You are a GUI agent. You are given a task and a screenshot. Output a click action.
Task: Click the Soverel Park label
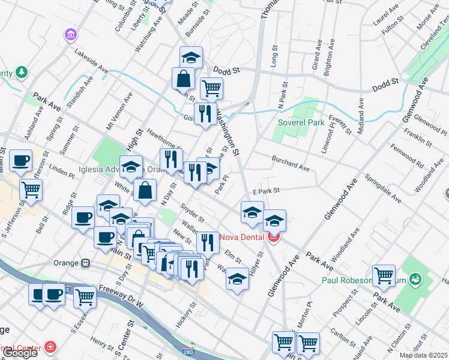click(301, 123)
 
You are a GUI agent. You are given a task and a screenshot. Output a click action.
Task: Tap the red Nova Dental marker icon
click(274, 236)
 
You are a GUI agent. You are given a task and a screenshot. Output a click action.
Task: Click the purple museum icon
click(71, 35)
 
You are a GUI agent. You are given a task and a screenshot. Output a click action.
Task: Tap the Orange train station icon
click(85, 263)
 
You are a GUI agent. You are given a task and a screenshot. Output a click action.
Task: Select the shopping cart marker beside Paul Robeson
click(384, 276)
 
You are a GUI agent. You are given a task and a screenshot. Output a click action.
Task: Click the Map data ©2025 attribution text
click(424, 355)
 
